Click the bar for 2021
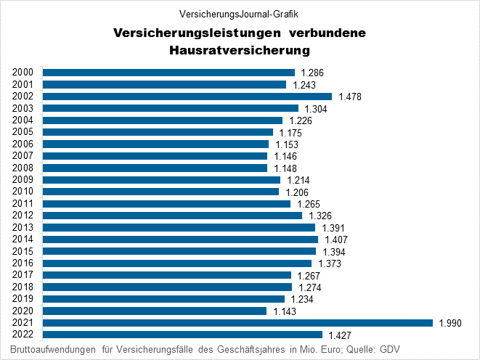pyautogui.click(x=237, y=323)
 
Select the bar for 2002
pyautogui.click(x=187, y=97)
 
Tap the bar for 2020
pyautogui.click(x=155, y=311)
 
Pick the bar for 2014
pyautogui.click(x=180, y=240)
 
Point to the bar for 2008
pyautogui.click(x=155, y=168)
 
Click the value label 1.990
pyautogui.click(x=450, y=323)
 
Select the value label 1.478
pyautogui.click(x=349, y=97)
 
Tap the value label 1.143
pyautogui.click(x=283, y=311)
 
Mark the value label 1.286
pyautogui.click(x=312, y=73)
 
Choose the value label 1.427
pyautogui.click(x=339, y=335)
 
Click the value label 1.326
pyautogui.click(x=319, y=216)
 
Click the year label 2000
pyautogui.click(x=23, y=73)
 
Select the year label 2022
pyautogui.click(x=23, y=335)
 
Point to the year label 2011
pyautogui.click(x=23, y=204)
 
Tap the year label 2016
pyautogui.click(x=23, y=263)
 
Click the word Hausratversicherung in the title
pyautogui.click(x=240, y=51)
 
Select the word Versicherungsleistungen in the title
pyautogui.click(x=197, y=33)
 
